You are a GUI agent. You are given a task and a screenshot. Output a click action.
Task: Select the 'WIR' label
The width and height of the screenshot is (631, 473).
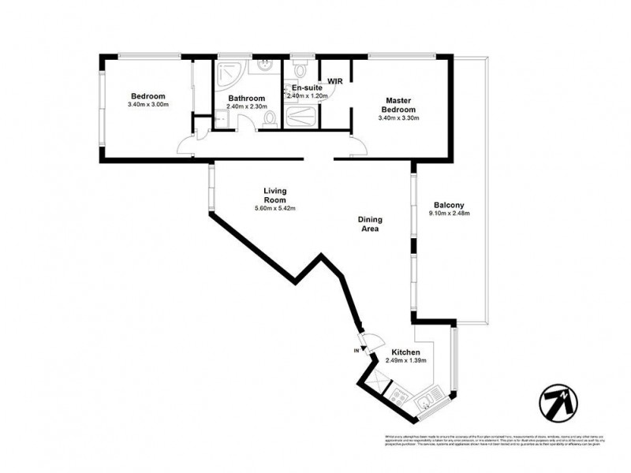[334, 80]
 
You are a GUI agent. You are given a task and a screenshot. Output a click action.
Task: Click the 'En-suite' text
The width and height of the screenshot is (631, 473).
[305, 88]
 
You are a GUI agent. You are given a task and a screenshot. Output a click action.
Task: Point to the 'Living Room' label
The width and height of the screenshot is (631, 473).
[274, 195]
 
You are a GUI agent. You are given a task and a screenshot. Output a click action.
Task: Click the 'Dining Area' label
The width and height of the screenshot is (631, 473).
[369, 225]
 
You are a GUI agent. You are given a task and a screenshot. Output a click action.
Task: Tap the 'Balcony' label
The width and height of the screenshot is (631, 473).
[447, 204]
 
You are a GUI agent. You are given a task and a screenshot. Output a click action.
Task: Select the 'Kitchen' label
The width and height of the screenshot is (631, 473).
[405, 352]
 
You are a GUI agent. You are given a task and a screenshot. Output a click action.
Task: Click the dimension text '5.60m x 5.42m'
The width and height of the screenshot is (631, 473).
[274, 208]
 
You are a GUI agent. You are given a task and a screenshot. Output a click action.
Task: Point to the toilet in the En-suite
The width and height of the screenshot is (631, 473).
[298, 68]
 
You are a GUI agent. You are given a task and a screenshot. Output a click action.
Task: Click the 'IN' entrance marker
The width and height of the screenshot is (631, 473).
[357, 349]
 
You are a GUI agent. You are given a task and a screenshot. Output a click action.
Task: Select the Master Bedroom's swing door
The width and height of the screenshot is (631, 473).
[356, 144]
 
